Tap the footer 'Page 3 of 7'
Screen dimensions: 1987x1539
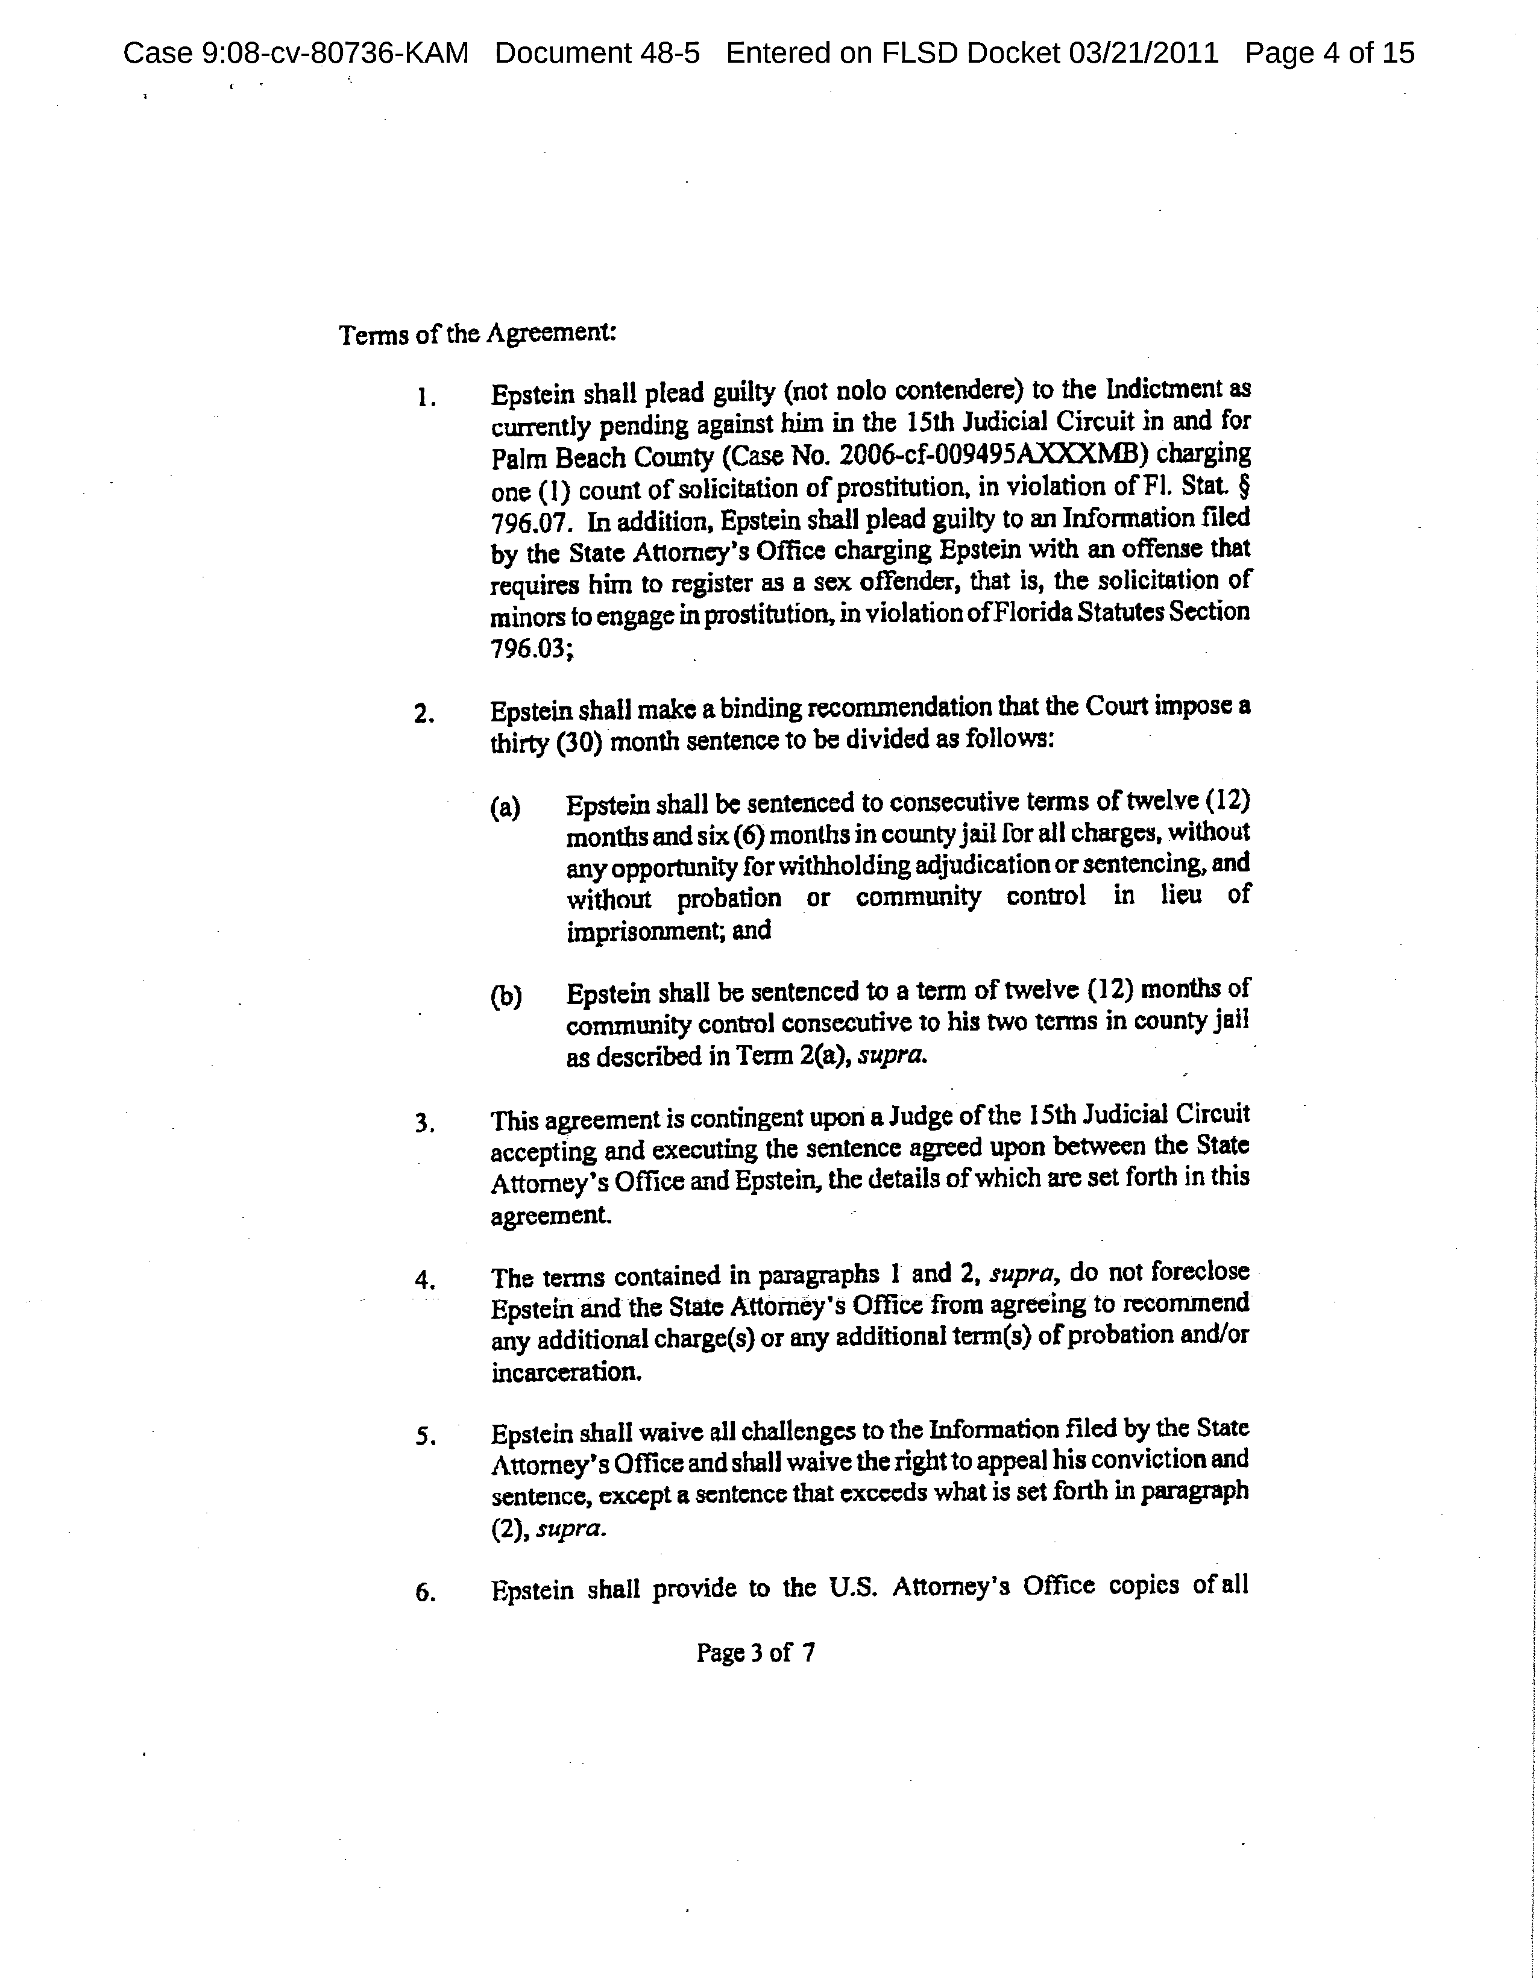tap(755, 1652)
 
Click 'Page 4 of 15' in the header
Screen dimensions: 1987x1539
tap(1330, 54)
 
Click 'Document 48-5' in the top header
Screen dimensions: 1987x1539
tap(597, 54)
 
